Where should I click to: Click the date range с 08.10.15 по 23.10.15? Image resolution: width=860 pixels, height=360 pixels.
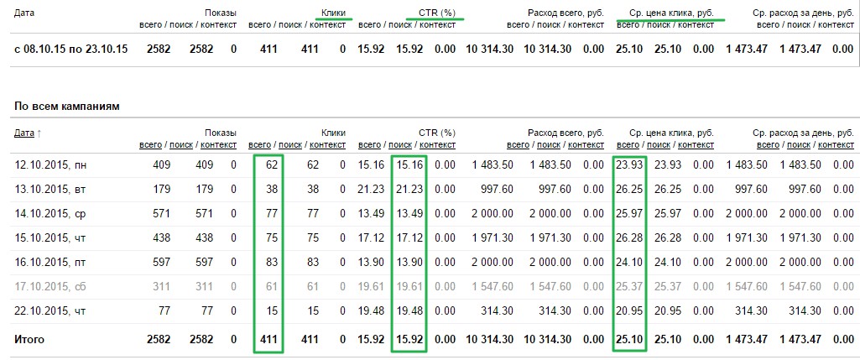[70, 50]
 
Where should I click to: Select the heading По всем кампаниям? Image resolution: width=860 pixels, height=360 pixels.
[67, 107]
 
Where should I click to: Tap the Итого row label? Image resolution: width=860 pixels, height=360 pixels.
[29, 340]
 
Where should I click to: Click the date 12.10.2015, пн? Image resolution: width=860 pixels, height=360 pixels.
[50, 164]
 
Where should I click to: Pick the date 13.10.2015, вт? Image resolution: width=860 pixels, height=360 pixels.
[50, 189]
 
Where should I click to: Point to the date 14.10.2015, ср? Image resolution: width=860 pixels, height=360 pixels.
[50, 213]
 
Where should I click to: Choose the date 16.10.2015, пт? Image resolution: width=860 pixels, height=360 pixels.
[50, 263]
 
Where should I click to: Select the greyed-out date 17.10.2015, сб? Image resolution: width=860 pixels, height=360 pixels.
[50, 286]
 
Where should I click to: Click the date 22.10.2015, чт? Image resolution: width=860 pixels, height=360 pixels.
[50, 310]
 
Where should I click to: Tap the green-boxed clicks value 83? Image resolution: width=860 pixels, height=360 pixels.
[269, 263]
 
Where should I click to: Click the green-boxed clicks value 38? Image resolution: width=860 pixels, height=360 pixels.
[269, 189]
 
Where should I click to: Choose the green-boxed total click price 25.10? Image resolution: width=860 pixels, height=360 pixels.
[628, 340]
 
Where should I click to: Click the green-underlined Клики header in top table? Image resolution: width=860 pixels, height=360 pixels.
[333, 13]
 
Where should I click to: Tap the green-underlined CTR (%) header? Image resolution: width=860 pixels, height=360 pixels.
[436, 13]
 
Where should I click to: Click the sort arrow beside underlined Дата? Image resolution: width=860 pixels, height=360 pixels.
[39, 133]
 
